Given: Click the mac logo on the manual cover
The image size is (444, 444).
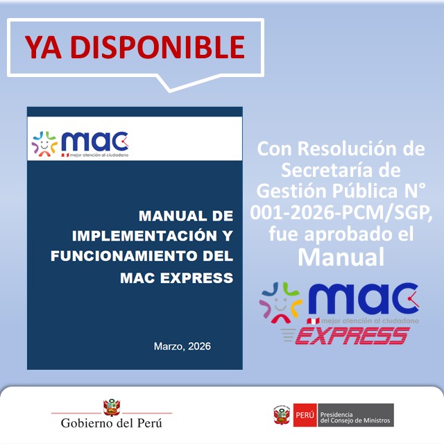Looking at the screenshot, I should tap(80, 144).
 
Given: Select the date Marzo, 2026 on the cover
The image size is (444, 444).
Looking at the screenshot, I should tap(182, 345).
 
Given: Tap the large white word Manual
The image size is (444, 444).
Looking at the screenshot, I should tap(341, 257).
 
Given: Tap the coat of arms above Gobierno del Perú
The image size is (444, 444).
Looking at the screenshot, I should tap(111, 406).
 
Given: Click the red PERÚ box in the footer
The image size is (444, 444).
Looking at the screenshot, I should tap(305, 416).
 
